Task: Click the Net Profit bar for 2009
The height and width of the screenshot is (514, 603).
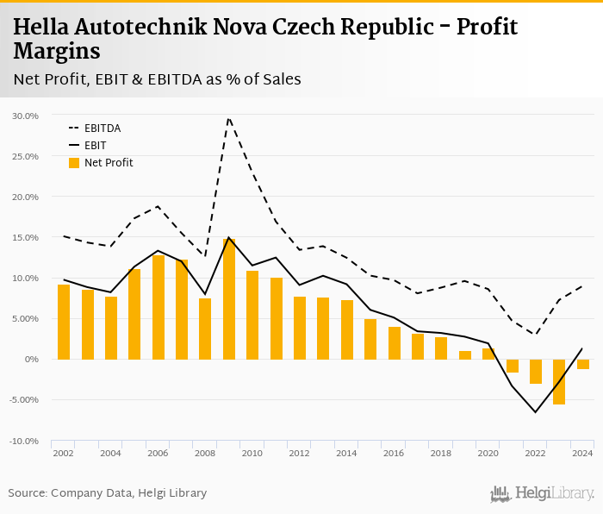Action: coord(229,299)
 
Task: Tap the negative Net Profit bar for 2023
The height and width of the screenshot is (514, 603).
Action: coord(559,381)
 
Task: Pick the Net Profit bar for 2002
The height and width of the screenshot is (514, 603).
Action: coord(64,322)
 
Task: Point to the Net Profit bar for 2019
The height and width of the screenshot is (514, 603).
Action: coord(464,354)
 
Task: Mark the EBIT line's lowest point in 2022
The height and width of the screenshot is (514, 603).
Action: coord(535,412)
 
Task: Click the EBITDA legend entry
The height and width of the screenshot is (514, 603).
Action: coord(102,128)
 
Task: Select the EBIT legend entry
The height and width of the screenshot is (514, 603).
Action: coord(95,146)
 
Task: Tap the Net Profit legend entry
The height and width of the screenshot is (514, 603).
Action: coord(108,163)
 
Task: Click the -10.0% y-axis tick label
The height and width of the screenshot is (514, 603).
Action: coord(25,441)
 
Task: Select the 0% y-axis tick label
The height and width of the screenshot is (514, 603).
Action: coord(32,360)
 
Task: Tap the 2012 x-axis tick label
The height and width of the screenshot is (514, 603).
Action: coord(299,453)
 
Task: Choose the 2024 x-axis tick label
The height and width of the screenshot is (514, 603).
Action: coord(582,453)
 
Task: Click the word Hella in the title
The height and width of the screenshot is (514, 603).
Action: coord(40,27)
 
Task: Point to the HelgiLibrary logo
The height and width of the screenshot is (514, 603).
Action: coord(542,493)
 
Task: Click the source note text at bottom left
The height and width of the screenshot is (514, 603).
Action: coord(108,493)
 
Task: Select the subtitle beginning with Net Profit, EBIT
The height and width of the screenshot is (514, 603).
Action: coord(157,80)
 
